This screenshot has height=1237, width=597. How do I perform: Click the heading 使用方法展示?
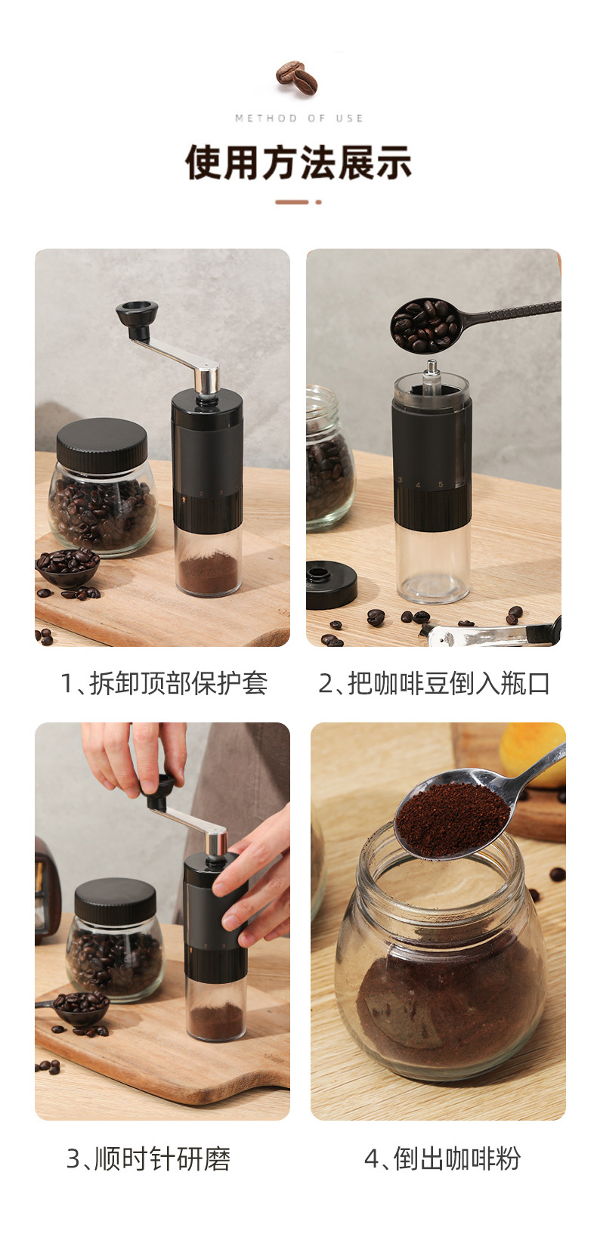point(298,162)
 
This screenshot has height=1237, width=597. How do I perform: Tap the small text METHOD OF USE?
point(298,118)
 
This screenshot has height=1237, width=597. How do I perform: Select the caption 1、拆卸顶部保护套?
point(164,683)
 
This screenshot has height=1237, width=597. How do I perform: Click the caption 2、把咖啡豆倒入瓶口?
point(434,683)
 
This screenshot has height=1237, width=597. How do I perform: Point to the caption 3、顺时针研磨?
point(148,1158)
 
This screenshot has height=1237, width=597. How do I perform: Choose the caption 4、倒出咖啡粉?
point(442,1158)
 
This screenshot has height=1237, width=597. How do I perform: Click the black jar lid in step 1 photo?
point(102,444)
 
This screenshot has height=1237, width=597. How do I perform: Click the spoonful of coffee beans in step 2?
point(425,325)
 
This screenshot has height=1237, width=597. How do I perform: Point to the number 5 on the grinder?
point(441,484)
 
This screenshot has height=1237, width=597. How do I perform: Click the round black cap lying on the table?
point(330,584)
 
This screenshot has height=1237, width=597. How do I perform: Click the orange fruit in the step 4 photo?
point(532,754)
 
